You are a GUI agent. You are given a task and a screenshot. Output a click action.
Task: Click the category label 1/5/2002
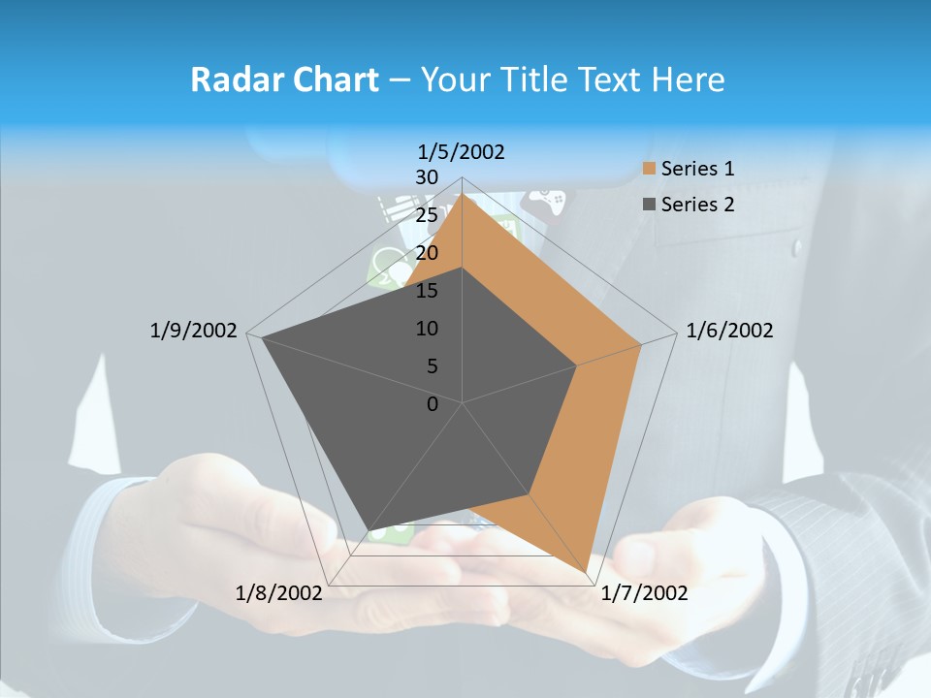462,152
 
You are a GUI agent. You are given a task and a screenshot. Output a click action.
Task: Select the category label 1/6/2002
729,331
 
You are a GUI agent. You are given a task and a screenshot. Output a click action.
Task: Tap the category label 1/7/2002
644,593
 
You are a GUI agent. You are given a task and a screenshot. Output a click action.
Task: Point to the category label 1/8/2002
279,593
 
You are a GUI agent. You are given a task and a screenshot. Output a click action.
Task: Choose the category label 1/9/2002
194,331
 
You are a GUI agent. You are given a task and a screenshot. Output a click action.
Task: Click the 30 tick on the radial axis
427,177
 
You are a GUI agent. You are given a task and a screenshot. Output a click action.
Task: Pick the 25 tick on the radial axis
427,215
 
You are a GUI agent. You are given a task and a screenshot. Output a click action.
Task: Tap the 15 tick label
427,291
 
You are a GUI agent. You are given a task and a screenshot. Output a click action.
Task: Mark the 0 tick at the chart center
433,404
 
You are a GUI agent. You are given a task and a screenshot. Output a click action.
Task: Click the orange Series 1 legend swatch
650,170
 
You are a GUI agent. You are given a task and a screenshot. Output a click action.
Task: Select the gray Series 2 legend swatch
650,205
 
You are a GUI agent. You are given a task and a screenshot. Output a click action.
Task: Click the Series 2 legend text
697,205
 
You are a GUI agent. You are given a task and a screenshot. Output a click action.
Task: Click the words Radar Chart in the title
283,79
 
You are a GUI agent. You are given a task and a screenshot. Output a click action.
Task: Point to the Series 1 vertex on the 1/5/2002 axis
463,193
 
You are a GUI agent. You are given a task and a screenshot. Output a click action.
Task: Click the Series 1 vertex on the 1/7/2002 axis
586,574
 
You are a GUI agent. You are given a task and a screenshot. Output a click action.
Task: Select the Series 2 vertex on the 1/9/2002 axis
263,338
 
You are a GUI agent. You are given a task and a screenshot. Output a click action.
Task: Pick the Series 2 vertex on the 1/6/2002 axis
576,365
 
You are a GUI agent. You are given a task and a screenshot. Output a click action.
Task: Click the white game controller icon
546,202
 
